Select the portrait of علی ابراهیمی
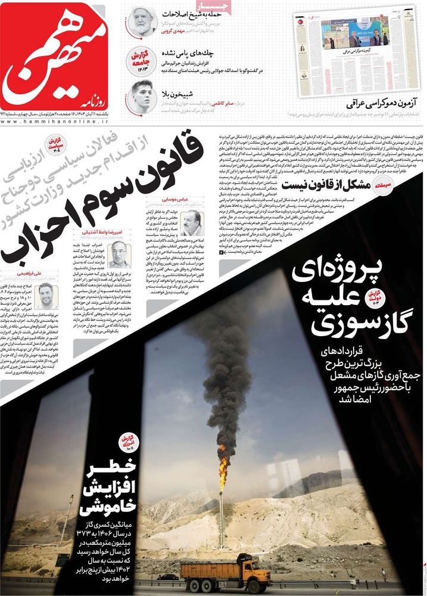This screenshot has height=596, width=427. pyautogui.click(x=45, y=296)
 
